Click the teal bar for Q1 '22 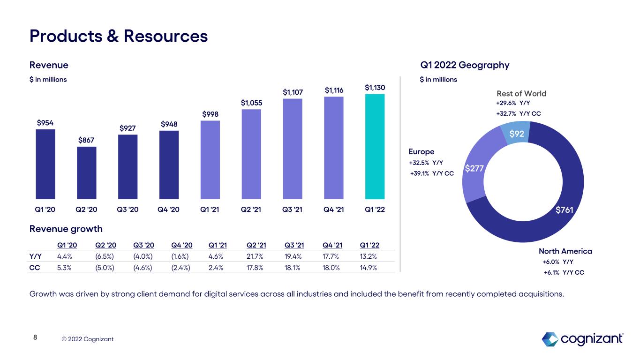pos(375,147)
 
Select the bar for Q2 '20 pos(87,173)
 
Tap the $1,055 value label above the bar pos(251,103)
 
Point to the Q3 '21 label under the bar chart pos(292,210)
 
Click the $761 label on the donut pos(565,210)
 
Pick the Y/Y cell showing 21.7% pos(255,256)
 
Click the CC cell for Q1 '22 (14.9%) pos(368,268)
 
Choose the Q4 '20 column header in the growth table pos(182,245)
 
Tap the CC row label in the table pos(35,268)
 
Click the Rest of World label pos(521,93)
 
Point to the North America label pos(565,251)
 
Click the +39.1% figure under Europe pos(420,173)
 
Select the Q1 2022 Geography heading pos(465,65)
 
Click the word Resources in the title pos(166,36)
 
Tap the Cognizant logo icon pos(550,339)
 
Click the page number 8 pos(35,337)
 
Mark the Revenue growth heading pos(66,229)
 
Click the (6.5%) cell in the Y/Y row pos(105,256)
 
